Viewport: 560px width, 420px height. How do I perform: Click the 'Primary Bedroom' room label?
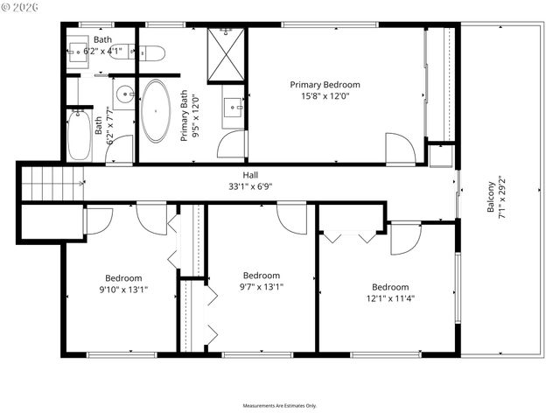tap(325, 85)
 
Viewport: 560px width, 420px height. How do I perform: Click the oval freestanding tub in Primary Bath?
tap(157, 111)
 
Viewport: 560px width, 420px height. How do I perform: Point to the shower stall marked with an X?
tap(226, 54)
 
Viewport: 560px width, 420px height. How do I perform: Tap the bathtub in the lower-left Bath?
tap(79, 135)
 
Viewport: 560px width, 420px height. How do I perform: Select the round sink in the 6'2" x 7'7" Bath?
tap(123, 93)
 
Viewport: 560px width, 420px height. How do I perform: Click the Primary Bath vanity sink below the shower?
tap(234, 107)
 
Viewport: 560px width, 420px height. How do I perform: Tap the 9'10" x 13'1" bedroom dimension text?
tap(123, 290)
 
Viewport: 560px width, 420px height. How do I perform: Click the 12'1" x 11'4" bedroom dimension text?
tap(389, 298)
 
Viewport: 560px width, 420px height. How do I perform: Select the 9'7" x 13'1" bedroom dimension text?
tap(262, 286)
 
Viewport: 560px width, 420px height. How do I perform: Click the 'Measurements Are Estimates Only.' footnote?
tap(280, 406)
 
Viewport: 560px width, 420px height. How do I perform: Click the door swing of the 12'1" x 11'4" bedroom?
tap(404, 238)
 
